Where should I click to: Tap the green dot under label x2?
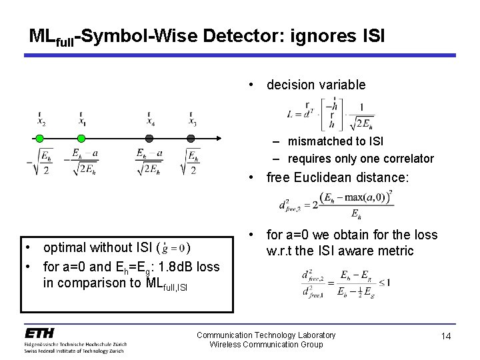tap(40, 139)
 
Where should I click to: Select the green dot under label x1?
tap(81, 139)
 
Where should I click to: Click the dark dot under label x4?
tap(150, 139)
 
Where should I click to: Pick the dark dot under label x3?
tap(191, 139)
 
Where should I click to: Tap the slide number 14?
tap(446, 337)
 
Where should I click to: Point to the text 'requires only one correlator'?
tap(361, 159)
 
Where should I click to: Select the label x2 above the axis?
tap(41, 121)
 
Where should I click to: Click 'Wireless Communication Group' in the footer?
tap(266, 345)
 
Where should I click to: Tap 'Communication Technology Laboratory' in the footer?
tap(266, 335)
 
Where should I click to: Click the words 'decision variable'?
tap(316, 85)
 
